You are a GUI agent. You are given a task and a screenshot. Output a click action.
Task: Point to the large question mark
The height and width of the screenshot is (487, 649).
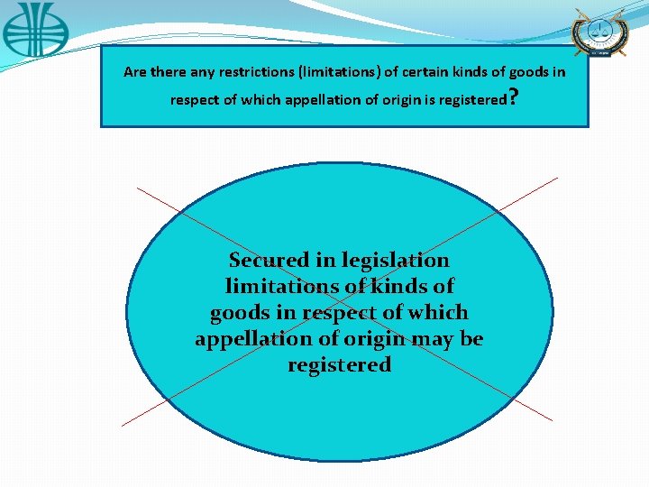pos(513,98)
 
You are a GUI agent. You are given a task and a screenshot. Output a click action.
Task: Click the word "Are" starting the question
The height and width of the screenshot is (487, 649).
pos(134,72)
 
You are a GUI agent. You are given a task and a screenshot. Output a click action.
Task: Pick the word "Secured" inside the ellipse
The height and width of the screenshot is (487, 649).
pos(269,261)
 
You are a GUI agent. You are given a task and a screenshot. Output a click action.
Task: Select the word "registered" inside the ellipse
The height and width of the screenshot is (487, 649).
pos(339,365)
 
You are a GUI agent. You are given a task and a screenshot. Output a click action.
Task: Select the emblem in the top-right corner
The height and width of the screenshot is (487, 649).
pos(599,32)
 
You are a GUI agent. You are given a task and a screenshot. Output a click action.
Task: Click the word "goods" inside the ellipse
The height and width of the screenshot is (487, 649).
pos(240,313)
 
